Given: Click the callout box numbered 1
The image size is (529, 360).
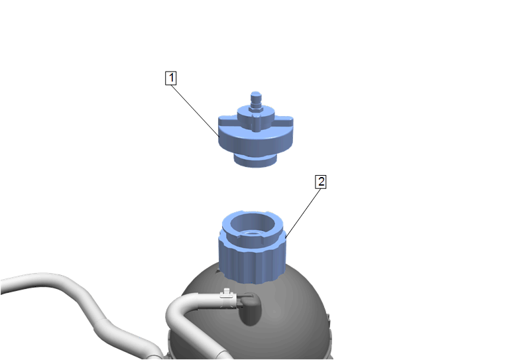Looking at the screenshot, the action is coord(171,78).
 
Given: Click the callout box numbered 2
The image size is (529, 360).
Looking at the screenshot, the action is coord(320,182).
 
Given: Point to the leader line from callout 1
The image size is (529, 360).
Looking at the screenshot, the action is coord(196,111).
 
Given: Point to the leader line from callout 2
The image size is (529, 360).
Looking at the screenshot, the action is coord(303,213).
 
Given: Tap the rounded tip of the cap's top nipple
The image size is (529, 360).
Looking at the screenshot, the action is coord(256,94).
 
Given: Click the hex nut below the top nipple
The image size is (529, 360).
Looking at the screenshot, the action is coord(256,108).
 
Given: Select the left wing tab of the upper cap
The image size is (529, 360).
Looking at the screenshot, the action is coord(227,120).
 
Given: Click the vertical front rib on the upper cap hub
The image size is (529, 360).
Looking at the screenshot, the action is coord(256,123).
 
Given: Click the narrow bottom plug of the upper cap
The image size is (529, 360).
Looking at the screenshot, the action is coord(255,161).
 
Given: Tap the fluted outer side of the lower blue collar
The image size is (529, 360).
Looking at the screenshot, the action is coord(253,263).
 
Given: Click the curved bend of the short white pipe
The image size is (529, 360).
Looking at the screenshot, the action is coord(175,309).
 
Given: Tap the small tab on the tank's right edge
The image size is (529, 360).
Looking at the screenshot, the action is coord(328,317).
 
